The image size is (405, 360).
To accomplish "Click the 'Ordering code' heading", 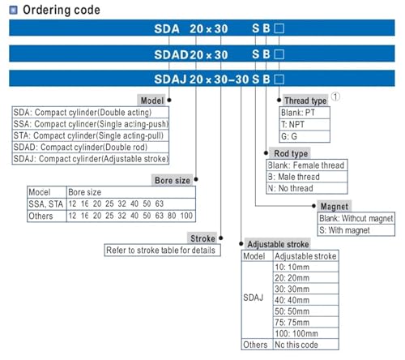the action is pos(62,10).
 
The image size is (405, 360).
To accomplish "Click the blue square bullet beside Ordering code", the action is pos(13,11).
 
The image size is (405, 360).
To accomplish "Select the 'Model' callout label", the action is pos(151,101).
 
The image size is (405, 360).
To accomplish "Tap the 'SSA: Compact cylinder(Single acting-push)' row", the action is pos(91,124).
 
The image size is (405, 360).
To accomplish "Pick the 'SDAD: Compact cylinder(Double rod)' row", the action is pos(91,148).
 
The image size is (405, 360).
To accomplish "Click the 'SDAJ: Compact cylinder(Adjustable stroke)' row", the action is pos(91,159).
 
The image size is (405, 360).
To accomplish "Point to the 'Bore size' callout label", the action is pos(173,180).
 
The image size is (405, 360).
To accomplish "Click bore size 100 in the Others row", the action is pos(186,216).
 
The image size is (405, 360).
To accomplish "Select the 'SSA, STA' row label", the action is pos(46,204).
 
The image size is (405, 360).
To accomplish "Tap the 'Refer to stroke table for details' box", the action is pos(162,251).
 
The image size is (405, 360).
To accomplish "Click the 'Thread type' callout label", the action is pos(305,101).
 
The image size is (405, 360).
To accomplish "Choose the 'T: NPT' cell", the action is pos(305,125).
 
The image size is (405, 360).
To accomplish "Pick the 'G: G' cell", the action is pos(305,136).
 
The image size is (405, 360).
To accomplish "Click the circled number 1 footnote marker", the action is pos(335,96).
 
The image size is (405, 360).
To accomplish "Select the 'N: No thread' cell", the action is pos(307,188).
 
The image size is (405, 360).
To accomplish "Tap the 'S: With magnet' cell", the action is pos(356,230).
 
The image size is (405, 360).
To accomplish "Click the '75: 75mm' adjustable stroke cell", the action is pos(306,322).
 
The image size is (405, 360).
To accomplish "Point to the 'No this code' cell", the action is pos(306,345).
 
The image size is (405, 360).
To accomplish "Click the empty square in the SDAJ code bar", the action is pos(279,79).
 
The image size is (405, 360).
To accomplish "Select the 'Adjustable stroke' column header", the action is pos(306,256).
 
